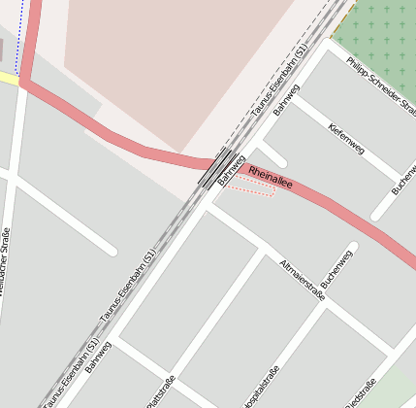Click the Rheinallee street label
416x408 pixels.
click(x=271, y=177)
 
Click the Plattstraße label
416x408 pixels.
click(x=160, y=391)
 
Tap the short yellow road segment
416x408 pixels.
click(x=9, y=79)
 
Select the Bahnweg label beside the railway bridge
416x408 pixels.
click(x=231, y=169)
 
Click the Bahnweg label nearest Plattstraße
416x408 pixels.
click(x=99, y=357)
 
